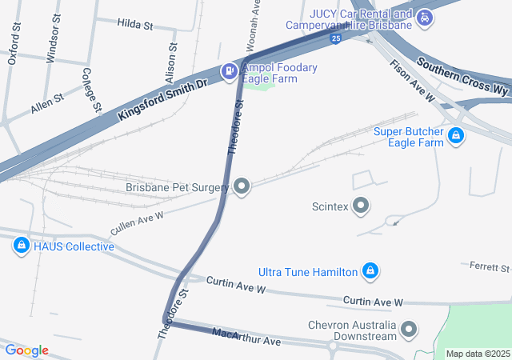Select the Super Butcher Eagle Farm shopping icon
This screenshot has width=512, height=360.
455,136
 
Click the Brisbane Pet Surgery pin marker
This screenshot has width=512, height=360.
242,187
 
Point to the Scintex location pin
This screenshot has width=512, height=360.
361,206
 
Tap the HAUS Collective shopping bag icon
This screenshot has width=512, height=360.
22,246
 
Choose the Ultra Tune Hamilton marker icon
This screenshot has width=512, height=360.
370,272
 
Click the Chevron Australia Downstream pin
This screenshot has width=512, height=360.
410,330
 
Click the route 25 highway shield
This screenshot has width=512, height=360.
338,38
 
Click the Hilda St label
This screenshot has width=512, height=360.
135,25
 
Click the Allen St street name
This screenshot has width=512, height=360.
47,102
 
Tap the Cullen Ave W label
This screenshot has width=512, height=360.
137,222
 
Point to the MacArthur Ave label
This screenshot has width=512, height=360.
246,336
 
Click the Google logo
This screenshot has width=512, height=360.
26,350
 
